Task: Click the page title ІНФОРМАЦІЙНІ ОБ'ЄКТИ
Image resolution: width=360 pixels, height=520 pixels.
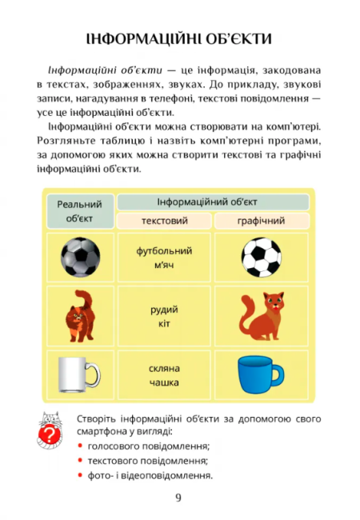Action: pyautogui.click(x=179, y=38)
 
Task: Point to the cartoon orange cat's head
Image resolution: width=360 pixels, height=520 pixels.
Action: pyautogui.click(x=274, y=302)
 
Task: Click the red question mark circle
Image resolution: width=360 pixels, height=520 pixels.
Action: pyautogui.click(x=51, y=436)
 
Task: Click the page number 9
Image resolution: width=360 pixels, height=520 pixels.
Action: pyautogui.click(x=178, y=498)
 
